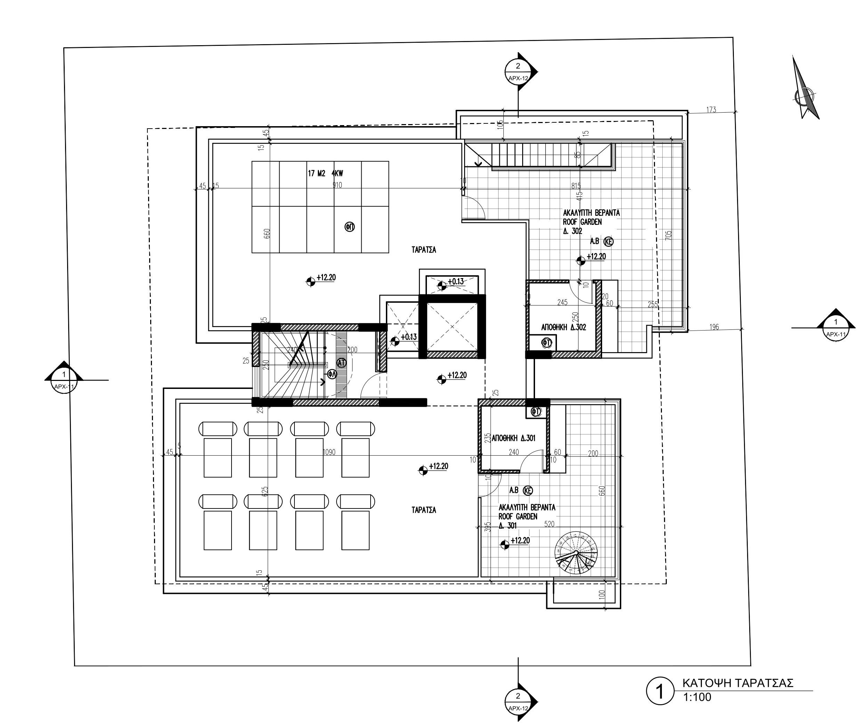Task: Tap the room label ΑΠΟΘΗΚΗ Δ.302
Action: (563, 327)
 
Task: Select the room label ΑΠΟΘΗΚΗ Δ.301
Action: (513, 438)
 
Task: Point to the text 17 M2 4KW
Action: (325, 173)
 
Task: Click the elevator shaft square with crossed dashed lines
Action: (452, 327)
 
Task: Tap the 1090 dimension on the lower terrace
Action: (329, 453)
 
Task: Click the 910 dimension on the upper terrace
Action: (337, 185)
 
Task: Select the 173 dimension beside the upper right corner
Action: (711, 109)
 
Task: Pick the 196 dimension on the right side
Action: (714, 327)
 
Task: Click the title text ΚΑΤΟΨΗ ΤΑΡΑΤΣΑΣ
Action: (738, 683)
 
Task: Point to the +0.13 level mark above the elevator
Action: (455, 282)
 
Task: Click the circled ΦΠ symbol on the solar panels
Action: (349, 227)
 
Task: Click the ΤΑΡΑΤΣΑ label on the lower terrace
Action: (423, 510)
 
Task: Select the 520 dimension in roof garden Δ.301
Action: (549, 524)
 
